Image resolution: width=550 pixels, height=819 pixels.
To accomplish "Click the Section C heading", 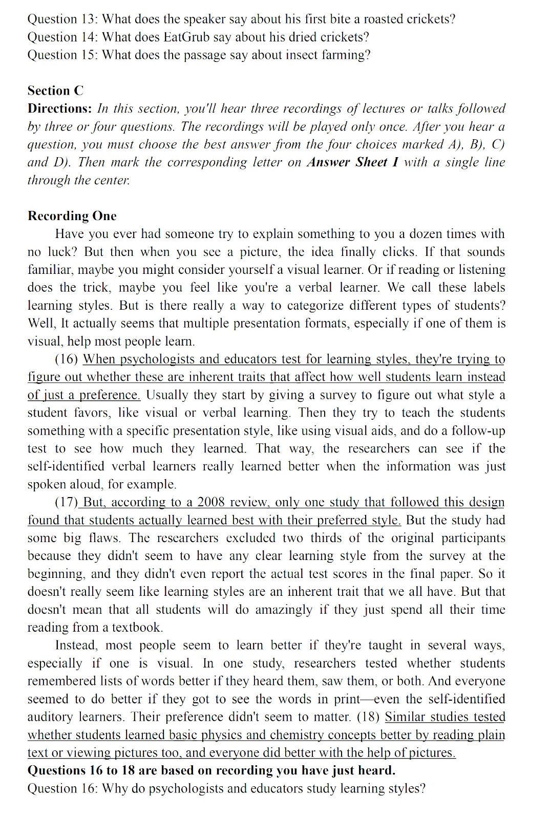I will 55,91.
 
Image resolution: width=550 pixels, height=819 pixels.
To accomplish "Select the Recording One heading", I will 72,216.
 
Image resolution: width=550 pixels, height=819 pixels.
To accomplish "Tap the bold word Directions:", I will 59,109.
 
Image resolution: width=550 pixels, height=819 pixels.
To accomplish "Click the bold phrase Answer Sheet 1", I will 352,162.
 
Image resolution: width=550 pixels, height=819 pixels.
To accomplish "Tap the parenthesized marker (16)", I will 66,359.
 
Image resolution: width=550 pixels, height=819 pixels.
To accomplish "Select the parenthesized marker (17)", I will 66,502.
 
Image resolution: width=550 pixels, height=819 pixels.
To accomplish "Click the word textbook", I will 138,628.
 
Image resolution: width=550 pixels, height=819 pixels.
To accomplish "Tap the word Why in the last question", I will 116,788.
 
